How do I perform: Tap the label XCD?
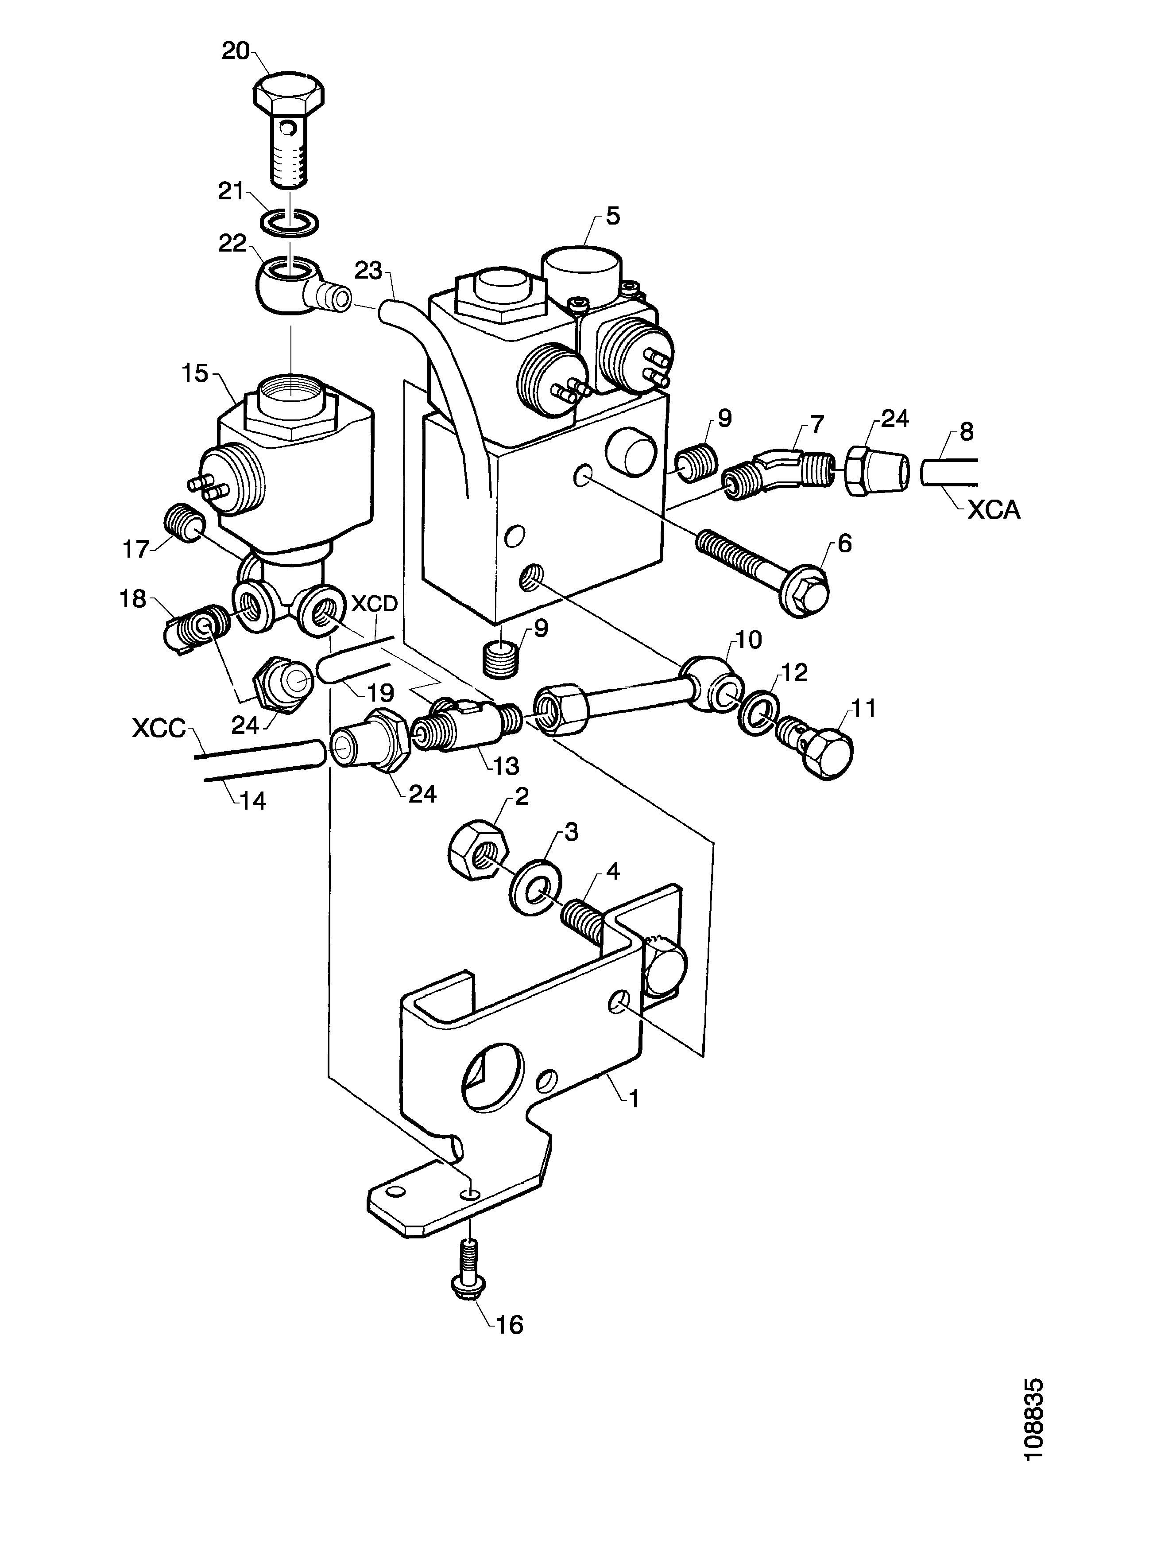374,603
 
